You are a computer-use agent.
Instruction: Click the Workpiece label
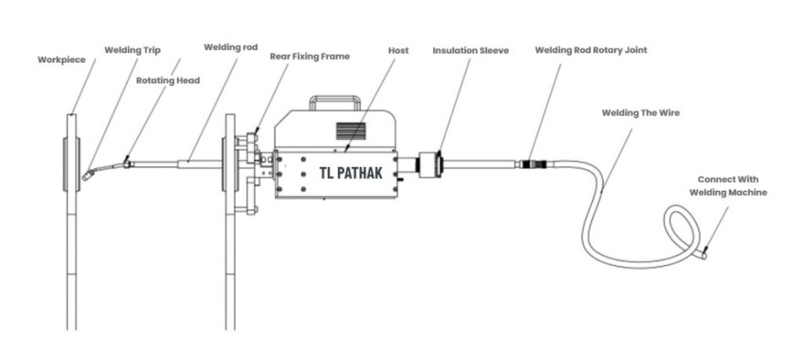click(x=62, y=60)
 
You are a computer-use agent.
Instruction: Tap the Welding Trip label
click(x=132, y=50)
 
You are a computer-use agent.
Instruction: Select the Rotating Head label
click(x=168, y=80)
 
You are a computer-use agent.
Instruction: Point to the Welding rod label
click(x=230, y=47)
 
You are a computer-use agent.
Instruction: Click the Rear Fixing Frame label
click(x=310, y=57)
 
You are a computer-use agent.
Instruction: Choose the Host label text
click(x=398, y=50)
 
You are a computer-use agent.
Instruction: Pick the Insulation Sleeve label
click(x=471, y=50)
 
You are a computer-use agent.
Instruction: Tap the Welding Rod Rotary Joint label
click(x=591, y=50)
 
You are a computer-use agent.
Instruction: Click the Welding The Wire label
click(x=640, y=113)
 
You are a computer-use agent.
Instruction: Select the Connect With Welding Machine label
click(x=728, y=186)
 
